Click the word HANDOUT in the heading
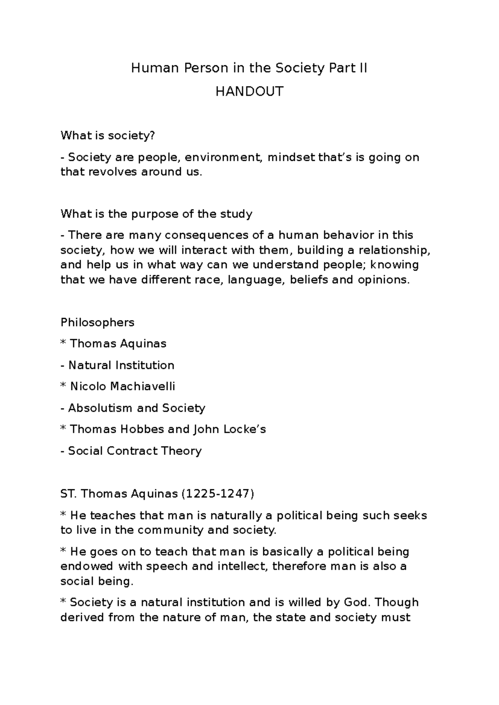point(249,91)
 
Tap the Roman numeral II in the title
point(363,68)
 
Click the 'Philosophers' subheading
point(97,323)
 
